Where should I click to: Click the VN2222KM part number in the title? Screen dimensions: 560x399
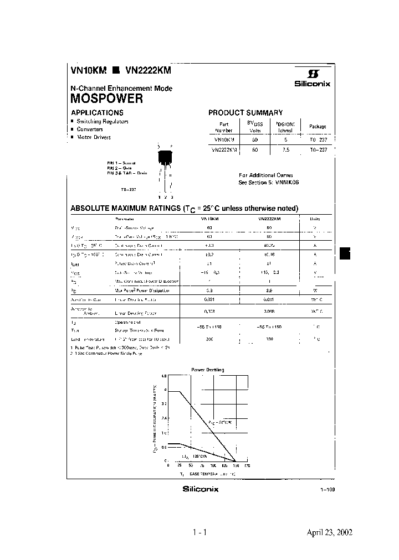(x=148, y=71)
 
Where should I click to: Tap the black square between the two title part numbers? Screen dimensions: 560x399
(x=116, y=71)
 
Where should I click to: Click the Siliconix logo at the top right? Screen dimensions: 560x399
(x=312, y=79)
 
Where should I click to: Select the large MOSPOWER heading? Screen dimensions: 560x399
(x=106, y=99)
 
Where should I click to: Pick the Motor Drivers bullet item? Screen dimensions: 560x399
(x=94, y=137)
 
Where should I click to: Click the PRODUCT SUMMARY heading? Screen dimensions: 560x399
(x=245, y=112)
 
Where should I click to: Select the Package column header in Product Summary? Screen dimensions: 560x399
(x=318, y=127)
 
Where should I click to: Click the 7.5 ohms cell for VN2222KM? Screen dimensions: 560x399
(x=285, y=149)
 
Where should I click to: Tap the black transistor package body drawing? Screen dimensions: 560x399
(x=165, y=157)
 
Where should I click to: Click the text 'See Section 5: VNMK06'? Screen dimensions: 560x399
(x=268, y=182)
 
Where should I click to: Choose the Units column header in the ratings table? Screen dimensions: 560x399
(x=315, y=219)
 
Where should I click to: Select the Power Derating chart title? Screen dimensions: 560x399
(x=208, y=369)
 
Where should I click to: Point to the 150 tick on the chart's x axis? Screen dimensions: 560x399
(x=236, y=466)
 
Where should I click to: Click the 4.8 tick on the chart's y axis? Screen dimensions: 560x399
(x=163, y=376)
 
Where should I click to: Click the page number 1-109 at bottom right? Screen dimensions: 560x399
(x=328, y=490)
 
